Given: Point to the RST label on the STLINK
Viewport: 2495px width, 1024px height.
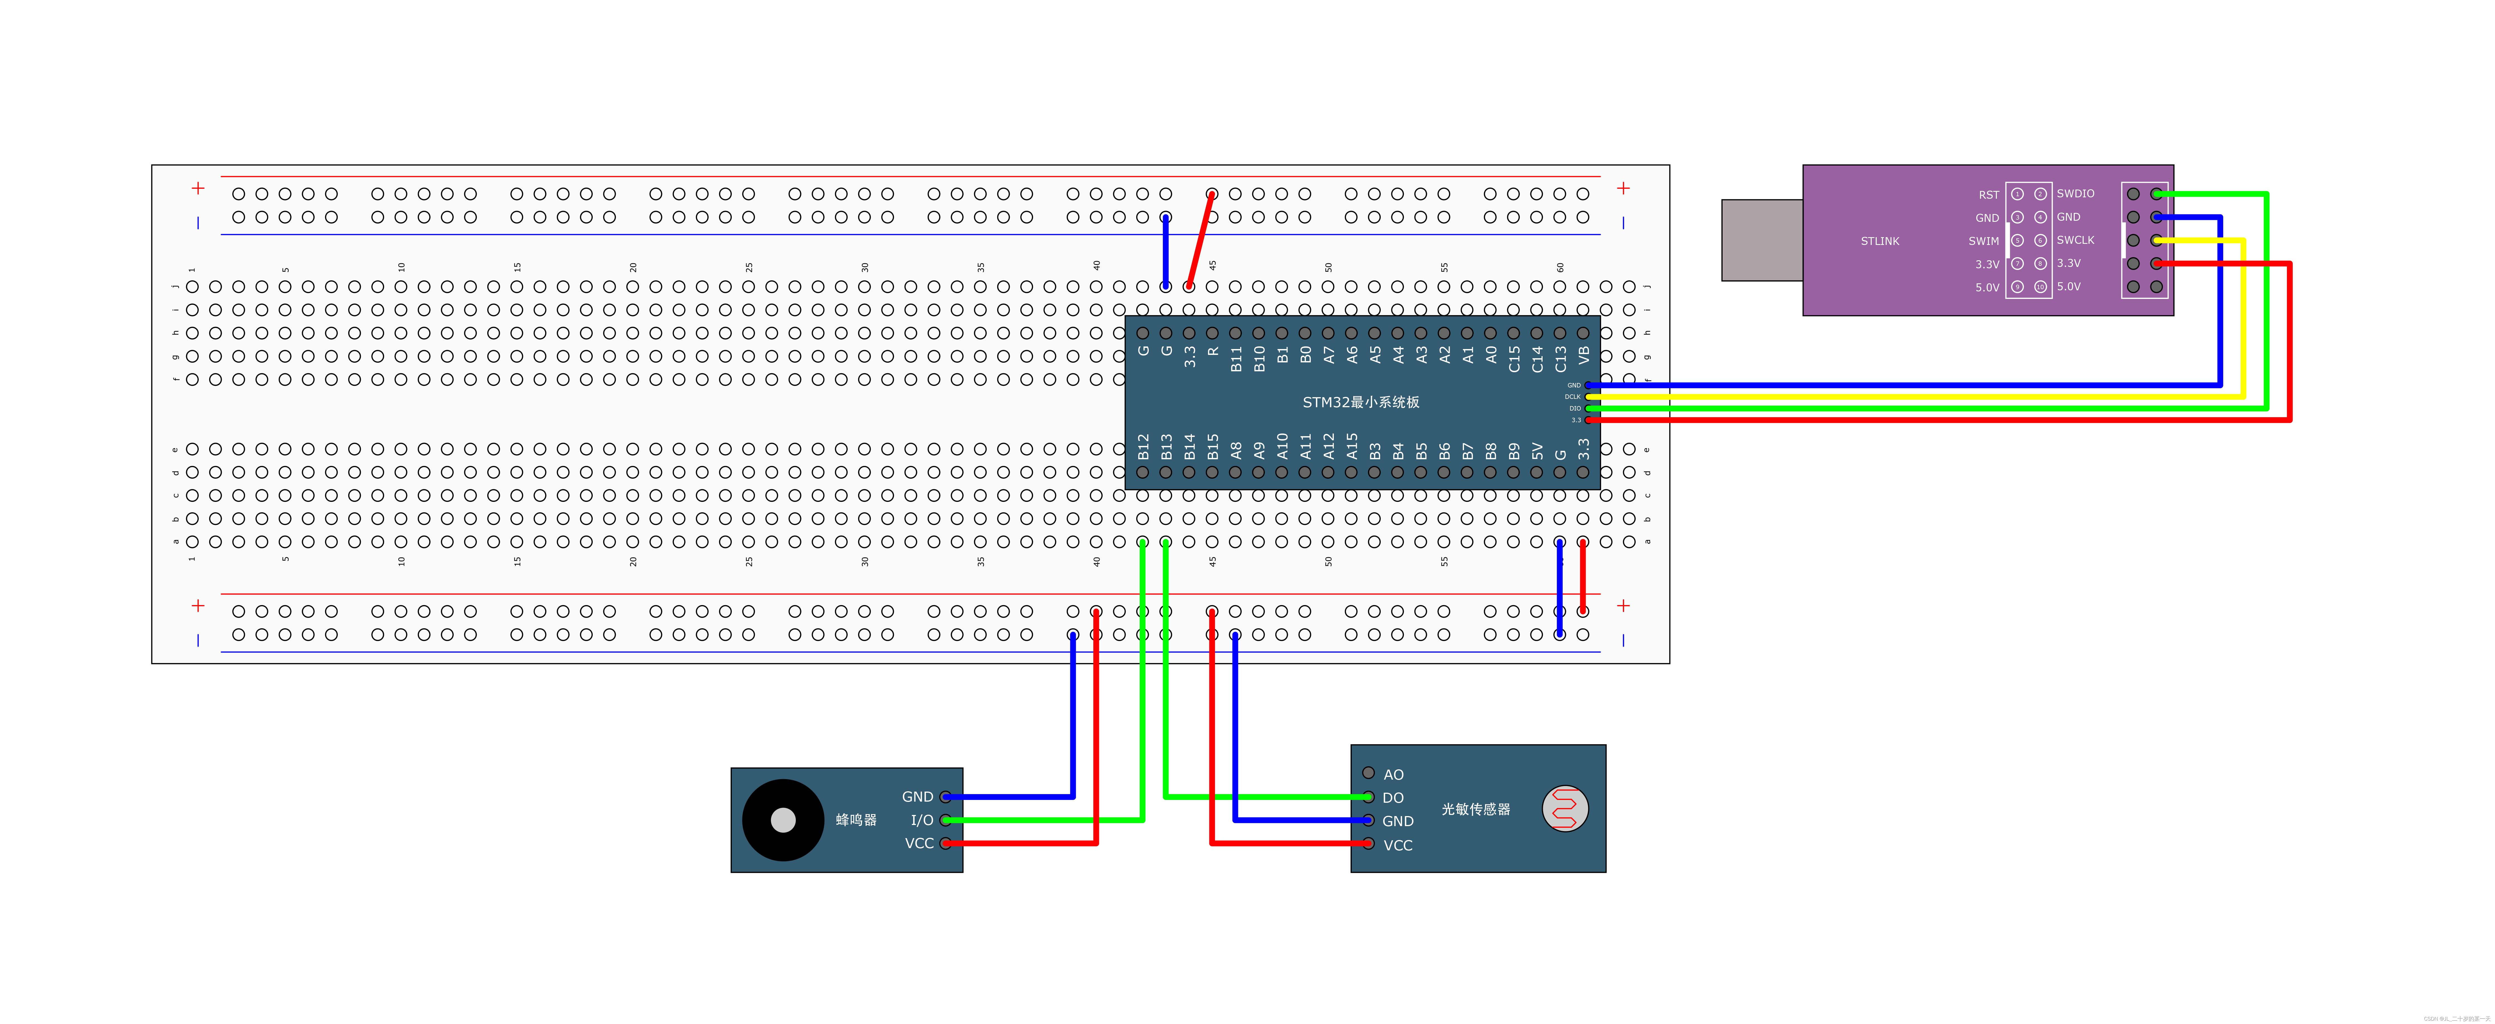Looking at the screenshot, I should pyautogui.click(x=1988, y=195).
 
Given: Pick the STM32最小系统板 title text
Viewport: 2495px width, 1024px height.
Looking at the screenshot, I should pyautogui.click(x=1361, y=402).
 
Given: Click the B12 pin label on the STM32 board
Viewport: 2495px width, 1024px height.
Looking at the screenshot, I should pyautogui.click(x=1143, y=447).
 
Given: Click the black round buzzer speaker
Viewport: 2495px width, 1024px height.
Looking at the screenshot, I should pyautogui.click(x=783, y=821).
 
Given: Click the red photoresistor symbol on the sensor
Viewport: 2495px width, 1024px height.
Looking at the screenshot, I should pyautogui.click(x=1564, y=809).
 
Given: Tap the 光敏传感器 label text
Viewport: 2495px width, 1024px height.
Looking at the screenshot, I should pyautogui.click(x=1475, y=809).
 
